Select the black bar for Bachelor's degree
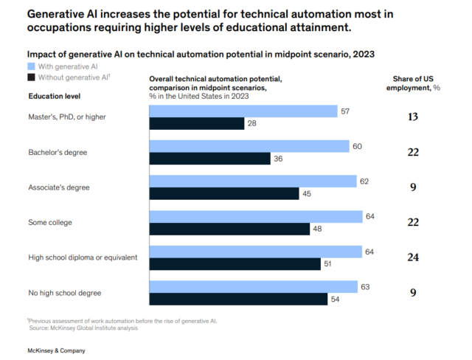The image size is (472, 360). click(x=209, y=159)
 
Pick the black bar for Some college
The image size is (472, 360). click(x=229, y=229)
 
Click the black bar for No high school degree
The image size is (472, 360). click(x=238, y=299)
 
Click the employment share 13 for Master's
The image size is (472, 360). click(x=414, y=117)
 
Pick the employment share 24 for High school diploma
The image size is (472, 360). click(x=414, y=257)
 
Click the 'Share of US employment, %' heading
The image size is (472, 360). click(x=414, y=83)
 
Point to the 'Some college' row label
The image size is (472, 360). click(x=50, y=222)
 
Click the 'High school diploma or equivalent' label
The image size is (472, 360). click(x=83, y=257)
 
